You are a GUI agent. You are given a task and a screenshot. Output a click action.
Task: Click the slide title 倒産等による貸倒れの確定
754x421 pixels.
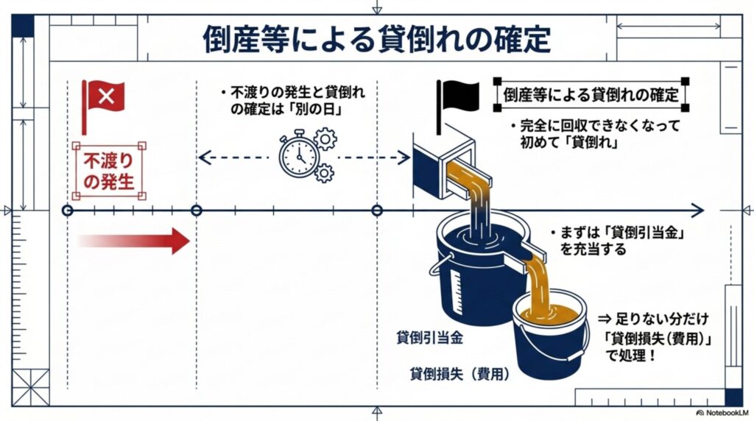click(x=376, y=40)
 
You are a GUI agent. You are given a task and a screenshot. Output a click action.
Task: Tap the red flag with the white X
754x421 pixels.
click(x=105, y=96)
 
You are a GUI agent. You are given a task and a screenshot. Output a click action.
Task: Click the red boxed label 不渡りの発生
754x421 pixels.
click(x=109, y=171)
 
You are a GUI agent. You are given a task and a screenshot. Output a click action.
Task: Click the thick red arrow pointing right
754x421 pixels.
click(x=133, y=241)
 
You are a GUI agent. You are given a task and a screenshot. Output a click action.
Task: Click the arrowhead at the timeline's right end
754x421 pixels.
click(x=696, y=210)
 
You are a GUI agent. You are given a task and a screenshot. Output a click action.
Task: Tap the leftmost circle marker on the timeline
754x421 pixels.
click(x=67, y=210)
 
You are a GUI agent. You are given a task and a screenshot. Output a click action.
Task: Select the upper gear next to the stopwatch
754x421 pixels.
click(x=325, y=138)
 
